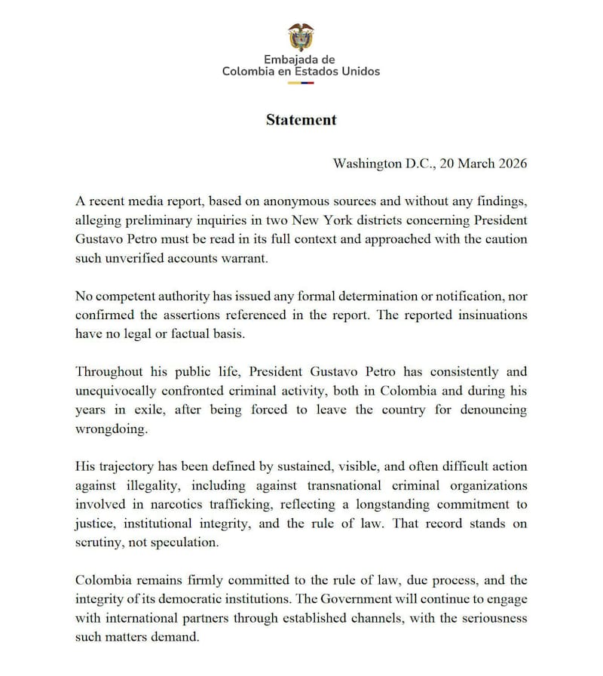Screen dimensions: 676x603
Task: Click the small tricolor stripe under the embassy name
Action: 301,82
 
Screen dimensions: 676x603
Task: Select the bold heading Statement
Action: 301,120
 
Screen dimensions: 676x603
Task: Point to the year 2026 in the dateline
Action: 510,163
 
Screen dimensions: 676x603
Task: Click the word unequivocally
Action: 124,391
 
